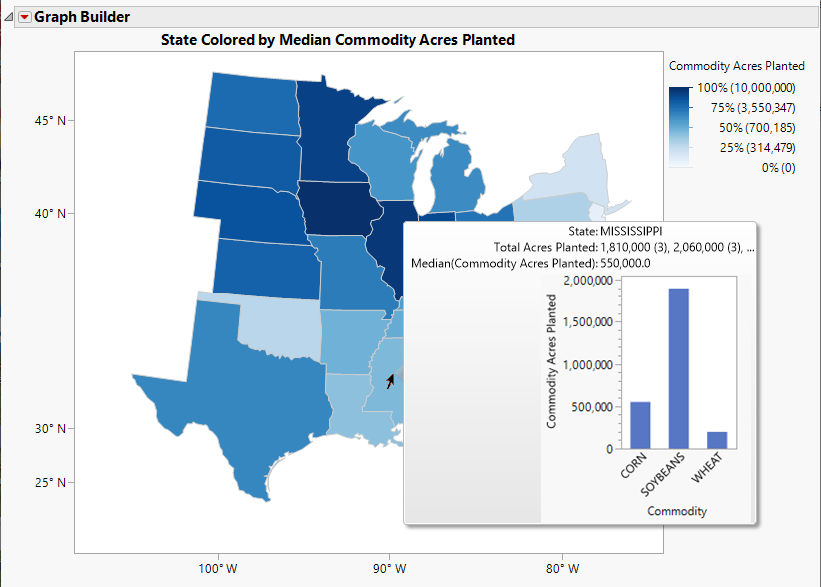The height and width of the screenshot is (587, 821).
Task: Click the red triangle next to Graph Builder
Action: coord(25,17)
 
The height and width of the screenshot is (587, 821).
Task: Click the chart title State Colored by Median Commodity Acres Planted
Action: coord(338,40)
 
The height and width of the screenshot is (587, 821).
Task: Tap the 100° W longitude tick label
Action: coord(216,569)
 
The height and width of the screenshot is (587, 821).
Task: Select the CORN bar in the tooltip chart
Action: coord(640,425)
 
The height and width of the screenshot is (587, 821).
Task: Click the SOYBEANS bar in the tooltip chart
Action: coord(678,368)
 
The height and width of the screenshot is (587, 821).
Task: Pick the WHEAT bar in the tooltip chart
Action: coord(717,440)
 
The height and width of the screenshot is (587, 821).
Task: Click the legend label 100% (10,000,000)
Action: coord(746,88)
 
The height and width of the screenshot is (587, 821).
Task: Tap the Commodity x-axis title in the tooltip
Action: coord(677,511)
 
